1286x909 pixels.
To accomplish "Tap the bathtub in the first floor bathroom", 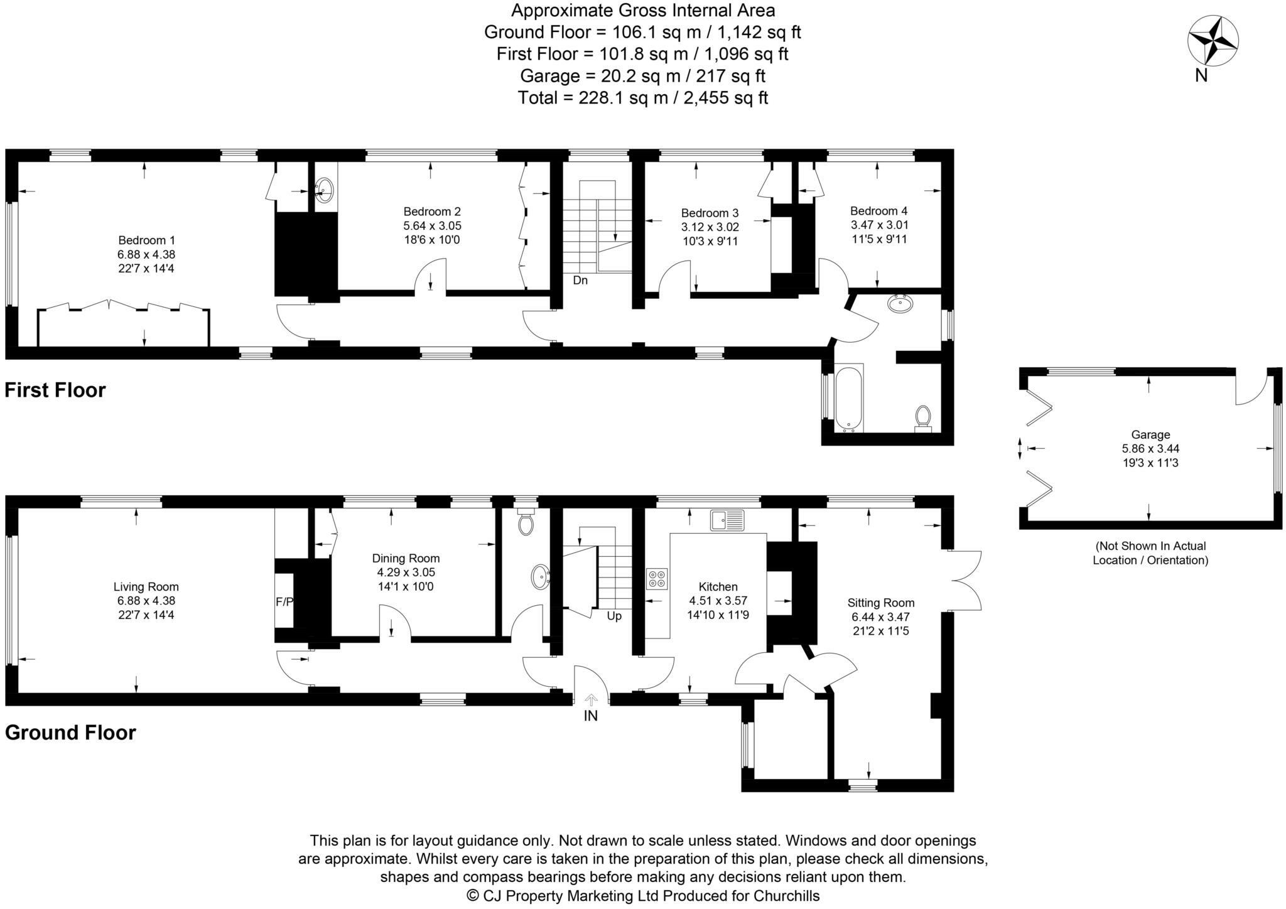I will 850,398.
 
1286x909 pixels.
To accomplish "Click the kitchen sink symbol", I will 727,520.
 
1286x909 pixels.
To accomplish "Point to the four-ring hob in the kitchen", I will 657,578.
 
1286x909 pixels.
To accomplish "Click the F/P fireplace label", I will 284,602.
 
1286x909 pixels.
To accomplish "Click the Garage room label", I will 1150,434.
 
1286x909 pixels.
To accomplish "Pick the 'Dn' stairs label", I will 580,281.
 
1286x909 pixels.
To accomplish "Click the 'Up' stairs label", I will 614,616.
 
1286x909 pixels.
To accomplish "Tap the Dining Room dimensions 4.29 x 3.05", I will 406,573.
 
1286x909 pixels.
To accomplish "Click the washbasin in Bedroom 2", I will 324,188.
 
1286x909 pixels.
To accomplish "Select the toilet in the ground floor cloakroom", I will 526,522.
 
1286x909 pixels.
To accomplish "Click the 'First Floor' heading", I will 55,390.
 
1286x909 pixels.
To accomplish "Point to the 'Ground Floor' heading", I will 70,733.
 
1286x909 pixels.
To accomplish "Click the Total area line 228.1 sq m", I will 642,98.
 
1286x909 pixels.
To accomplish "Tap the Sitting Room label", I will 880,603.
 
